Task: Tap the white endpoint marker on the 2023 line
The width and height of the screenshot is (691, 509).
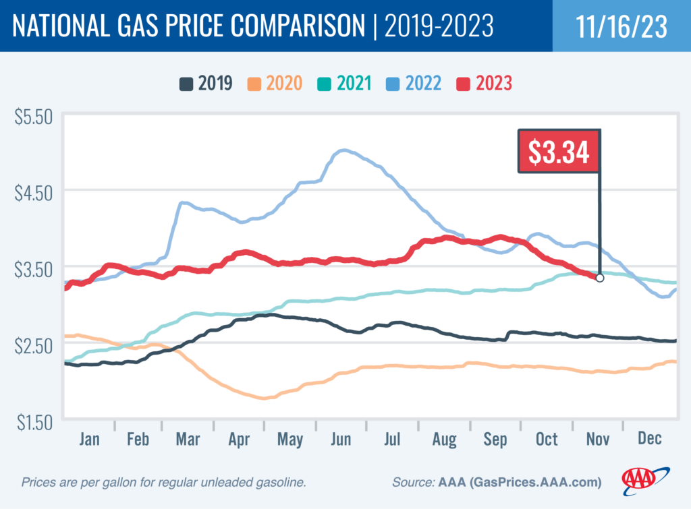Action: pyautogui.click(x=599, y=278)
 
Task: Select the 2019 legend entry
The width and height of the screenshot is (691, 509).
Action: pyautogui.click(x=206, y=84)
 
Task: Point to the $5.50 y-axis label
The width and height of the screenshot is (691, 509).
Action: pyautogui.click(x=33, y=116)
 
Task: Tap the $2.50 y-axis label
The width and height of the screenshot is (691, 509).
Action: pyautogui.click(x=33, y=346)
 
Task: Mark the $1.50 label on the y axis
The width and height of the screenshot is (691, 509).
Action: pyautogui.click(x=33, y=423)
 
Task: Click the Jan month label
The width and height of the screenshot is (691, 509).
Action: pyautogui.click(x=89, y=439)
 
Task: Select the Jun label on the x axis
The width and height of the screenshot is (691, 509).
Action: pyautogui.click(x=341, y=439)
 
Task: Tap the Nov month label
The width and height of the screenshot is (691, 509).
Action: pyautogui.click(x=597, y=439)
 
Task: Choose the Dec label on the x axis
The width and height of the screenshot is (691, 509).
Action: pyautogui.click(x=649, y=439)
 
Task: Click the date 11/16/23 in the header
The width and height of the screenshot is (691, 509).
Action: pyautogui.click(x=621, y=26)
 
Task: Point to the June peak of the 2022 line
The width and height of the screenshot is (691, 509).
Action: pyautogui.click(x=344, y=150)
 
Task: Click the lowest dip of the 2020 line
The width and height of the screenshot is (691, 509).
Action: pyautogui.click(x=265, y=398)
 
